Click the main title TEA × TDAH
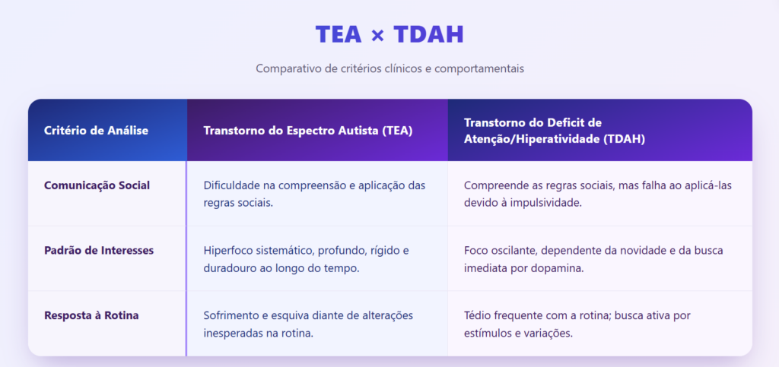pos(389,35)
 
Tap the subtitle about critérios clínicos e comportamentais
pos(389,68)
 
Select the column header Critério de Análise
pos(96,131)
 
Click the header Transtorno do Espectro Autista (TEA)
pos(308,131)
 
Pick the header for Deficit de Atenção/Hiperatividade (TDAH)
pos(555,131)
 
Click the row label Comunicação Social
pos(97,185)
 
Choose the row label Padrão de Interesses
pos(99,251)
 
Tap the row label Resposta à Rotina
pos(91,315)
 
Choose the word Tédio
pos(476,315)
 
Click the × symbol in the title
pos(377,36)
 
